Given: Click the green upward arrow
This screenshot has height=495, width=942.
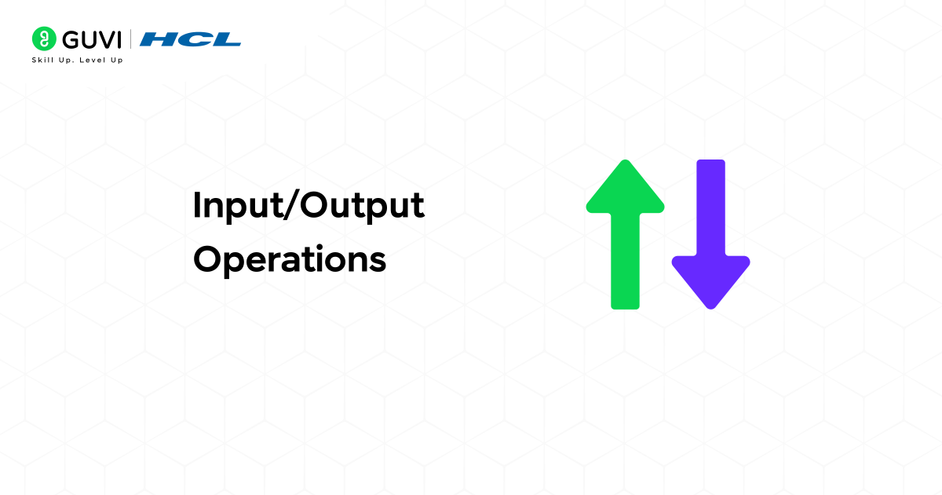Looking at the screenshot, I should [625, 236].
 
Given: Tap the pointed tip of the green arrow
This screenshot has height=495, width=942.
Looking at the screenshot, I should [625, 163].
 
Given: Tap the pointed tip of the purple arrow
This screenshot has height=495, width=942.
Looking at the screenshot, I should [710, 306].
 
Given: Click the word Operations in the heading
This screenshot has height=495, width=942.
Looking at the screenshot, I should [290, 259].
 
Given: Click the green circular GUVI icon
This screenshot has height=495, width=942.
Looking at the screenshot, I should [43, 38].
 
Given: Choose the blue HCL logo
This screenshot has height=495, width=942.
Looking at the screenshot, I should [195, 39].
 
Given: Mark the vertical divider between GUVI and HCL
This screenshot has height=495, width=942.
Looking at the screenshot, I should [140, 39].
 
